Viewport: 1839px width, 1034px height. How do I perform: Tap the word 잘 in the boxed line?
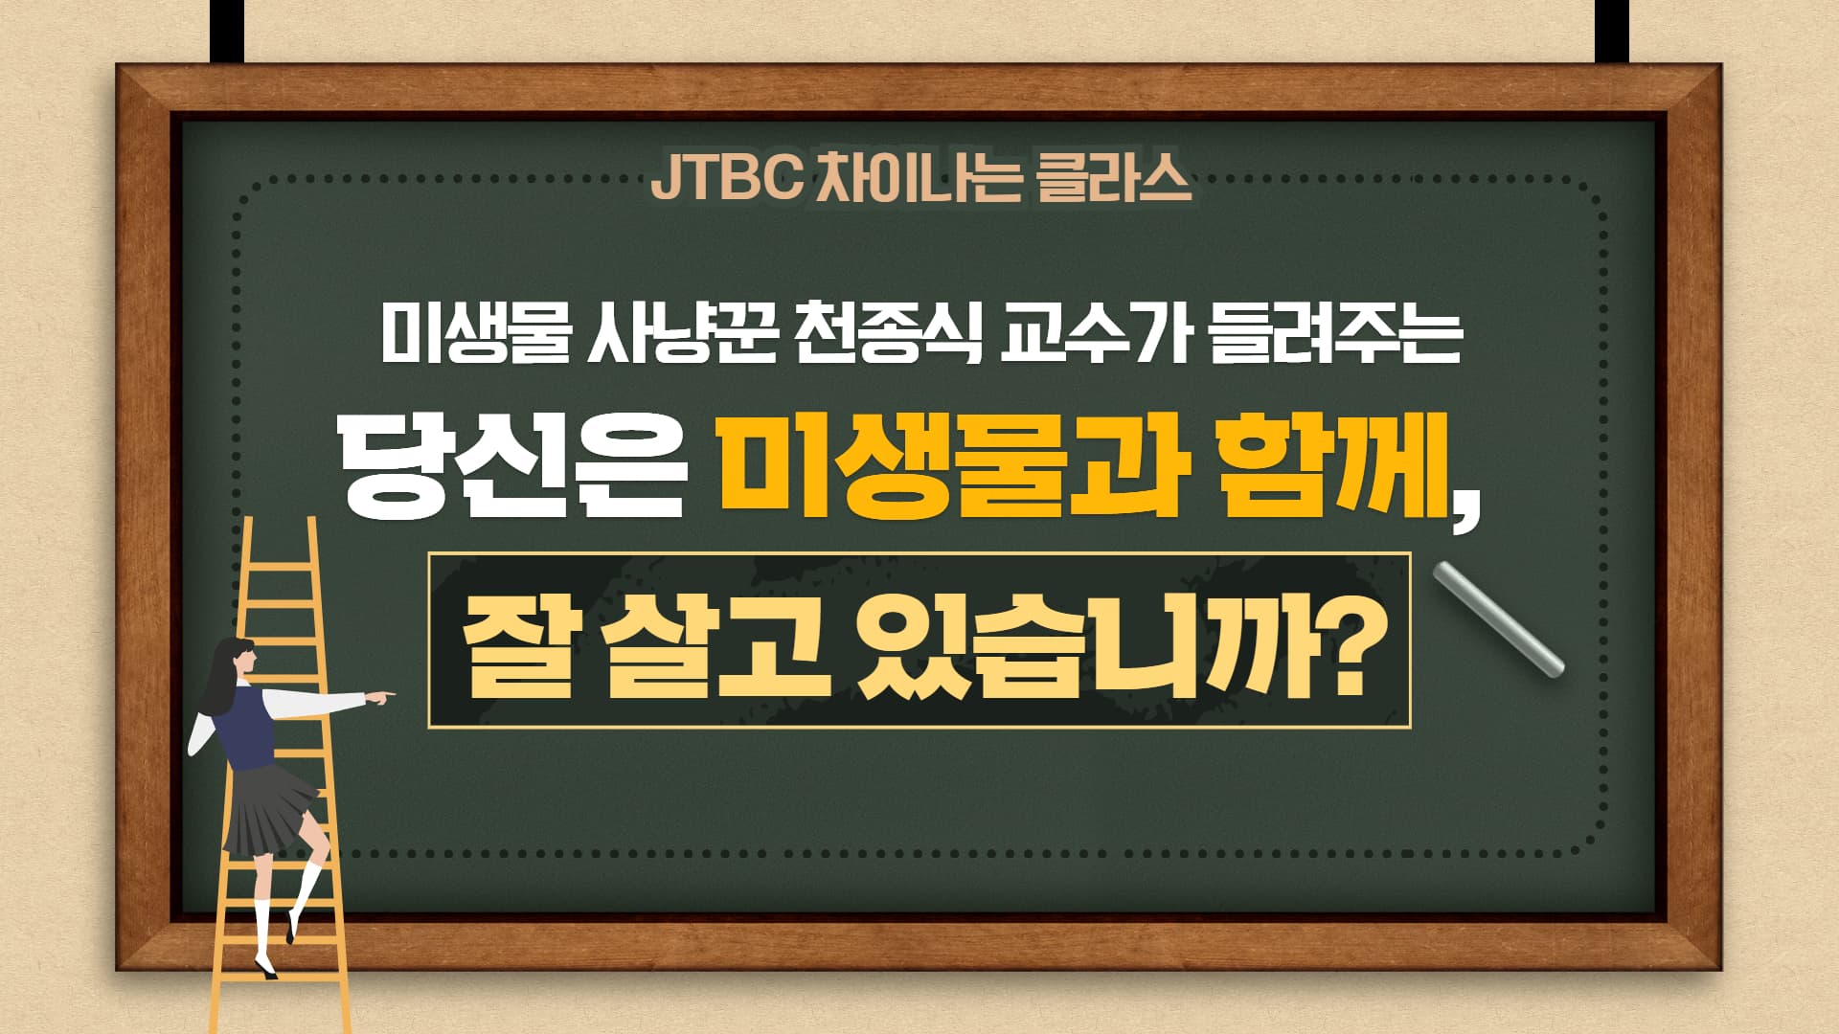point(517,641)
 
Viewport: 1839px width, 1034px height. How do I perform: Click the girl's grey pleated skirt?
point(269,809)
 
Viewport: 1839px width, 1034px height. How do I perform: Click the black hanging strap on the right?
point(1612,31)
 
